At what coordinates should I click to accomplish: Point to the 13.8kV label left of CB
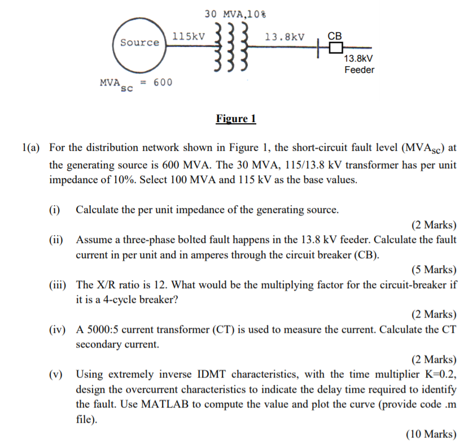click(284, 37)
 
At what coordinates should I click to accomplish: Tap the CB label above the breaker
click(335, 36)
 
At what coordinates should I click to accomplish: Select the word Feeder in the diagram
click(360, 70)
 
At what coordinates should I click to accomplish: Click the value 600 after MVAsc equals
click(163, 83)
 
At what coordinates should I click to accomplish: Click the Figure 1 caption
click(236, 119)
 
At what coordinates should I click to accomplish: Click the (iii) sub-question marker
click(57, 284)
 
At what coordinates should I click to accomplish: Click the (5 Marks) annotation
click(433, 269)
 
